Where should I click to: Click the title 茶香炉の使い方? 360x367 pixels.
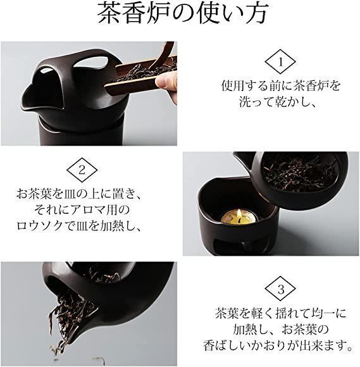tap(182, 13)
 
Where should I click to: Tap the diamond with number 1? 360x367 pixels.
tap(280, 61)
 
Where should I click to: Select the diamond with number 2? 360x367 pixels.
tap(82, 170)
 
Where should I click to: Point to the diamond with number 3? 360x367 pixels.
tap(280, 289)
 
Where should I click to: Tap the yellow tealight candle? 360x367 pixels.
tap(239, 217)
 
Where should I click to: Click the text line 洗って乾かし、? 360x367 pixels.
tap(277, 103)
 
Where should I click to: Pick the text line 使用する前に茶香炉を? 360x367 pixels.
tap(281, 85)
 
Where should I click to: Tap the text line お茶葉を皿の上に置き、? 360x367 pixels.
tap(79, 194)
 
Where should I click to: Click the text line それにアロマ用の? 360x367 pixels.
tap(82, 210)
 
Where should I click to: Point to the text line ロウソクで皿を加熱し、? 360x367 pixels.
tap(79, 226)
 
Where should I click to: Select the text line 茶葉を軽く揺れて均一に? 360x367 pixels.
tap(281, 313)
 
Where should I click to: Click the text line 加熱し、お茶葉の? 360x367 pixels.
tap(281, 330)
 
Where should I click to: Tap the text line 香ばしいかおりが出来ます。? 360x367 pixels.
tap(278, 345)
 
